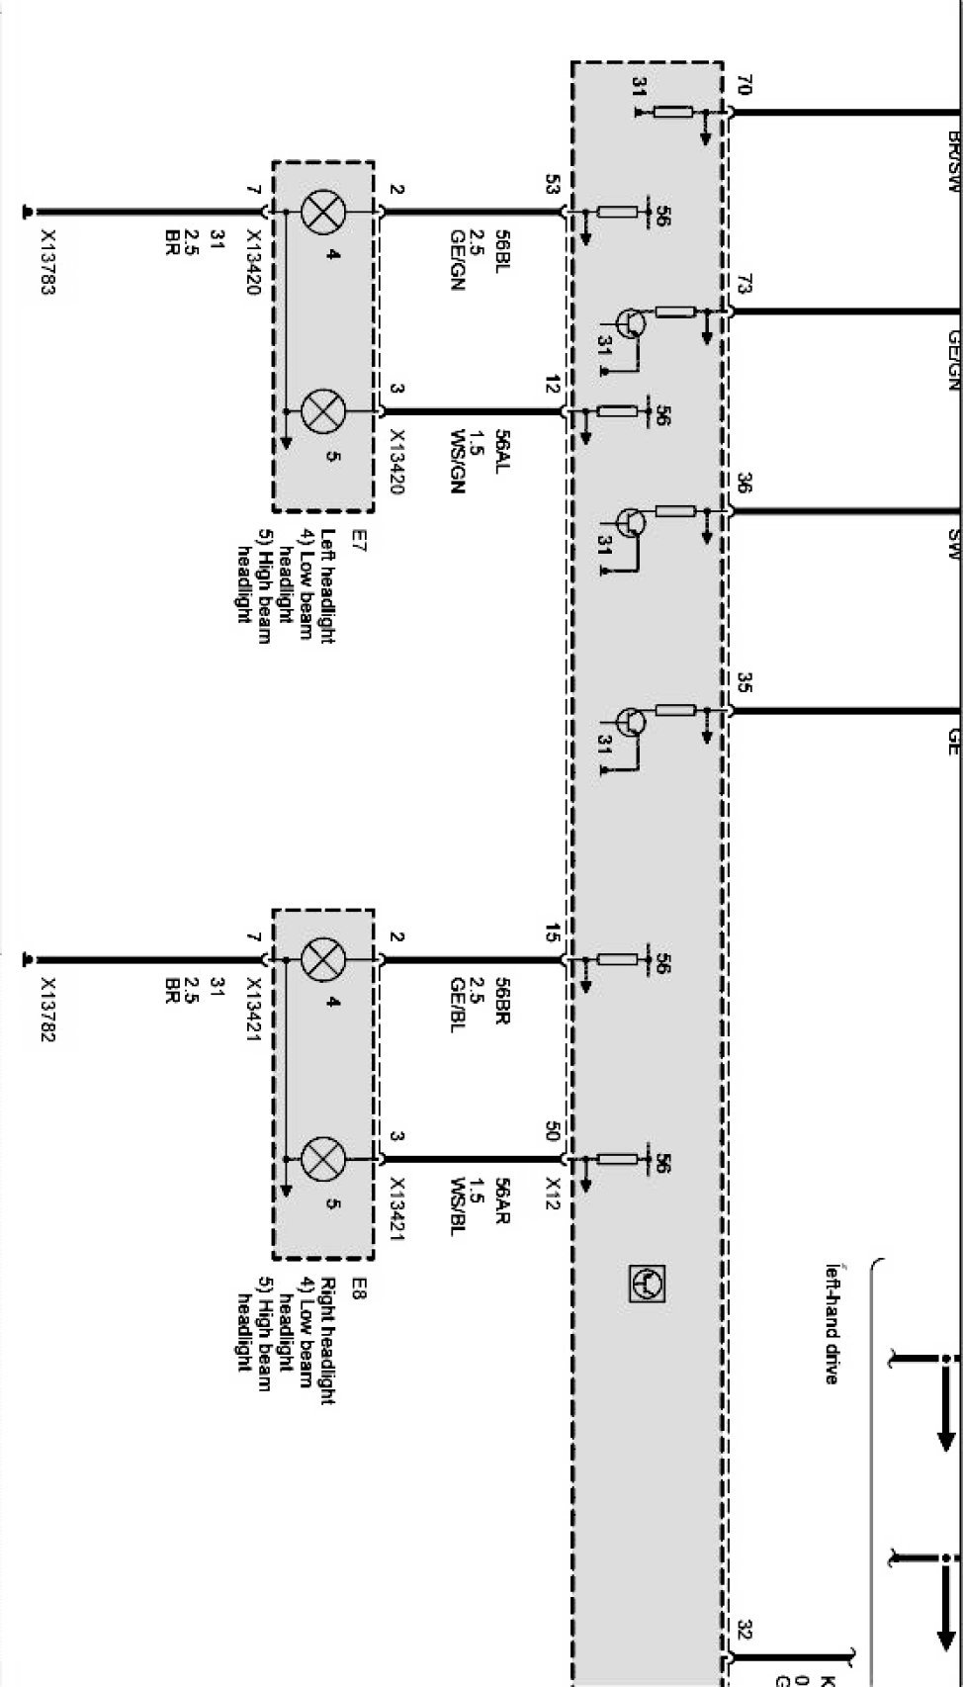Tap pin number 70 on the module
click(744, 86)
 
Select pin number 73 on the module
click(744, 286)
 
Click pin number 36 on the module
click(744, 485)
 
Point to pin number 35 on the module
click(744, 684)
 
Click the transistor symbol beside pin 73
click(630, 322)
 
